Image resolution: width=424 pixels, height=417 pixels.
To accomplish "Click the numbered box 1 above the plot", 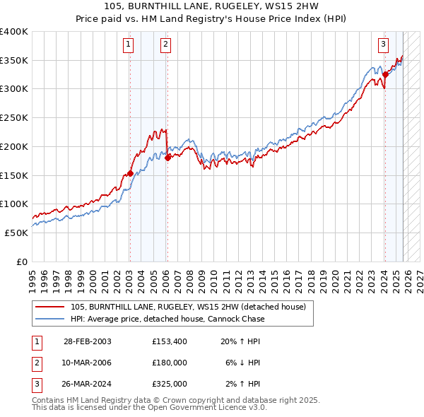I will (129, 45).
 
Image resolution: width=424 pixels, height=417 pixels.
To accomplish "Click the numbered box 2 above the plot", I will (165, 45).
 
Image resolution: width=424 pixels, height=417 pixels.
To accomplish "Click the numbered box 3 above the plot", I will (383, 45).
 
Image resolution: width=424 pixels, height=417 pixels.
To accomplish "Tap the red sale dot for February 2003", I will (130, 173).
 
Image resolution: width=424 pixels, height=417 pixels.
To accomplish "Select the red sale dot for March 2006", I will (167, 158).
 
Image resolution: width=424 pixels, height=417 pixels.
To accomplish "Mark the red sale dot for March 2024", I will (385, 74).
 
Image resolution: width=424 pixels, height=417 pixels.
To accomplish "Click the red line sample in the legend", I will (50, 307).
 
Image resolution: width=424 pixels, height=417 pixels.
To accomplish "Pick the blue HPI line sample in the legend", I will (50, 319).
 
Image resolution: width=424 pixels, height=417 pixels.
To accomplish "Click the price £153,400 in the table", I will (169, 341).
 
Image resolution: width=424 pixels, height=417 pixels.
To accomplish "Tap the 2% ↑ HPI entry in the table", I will (243, 384).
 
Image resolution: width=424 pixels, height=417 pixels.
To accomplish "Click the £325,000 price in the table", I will (169, 384).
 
